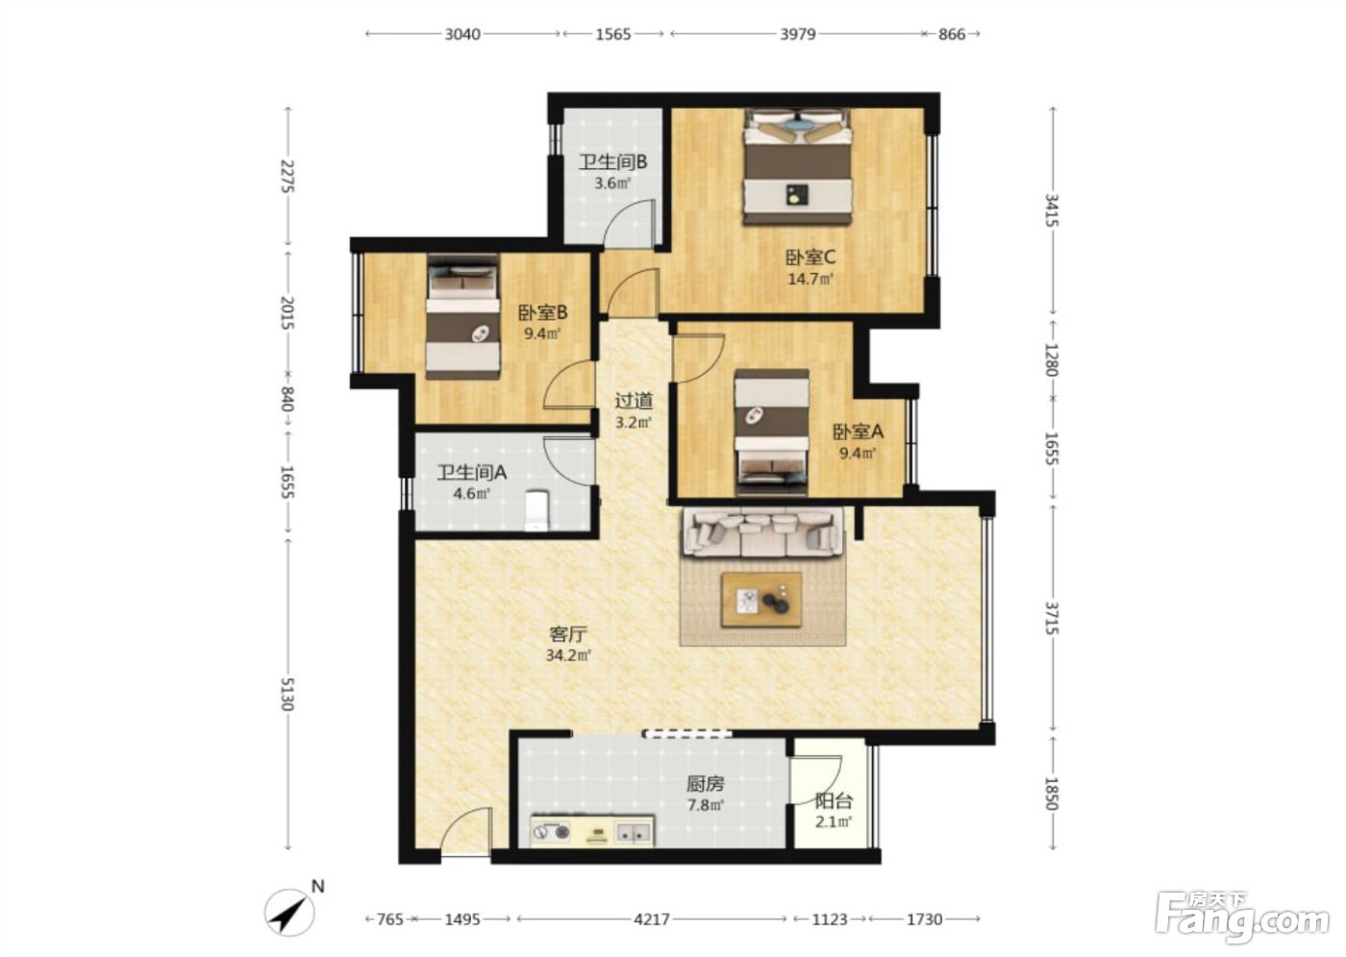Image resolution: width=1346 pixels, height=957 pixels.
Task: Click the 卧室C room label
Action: (810, 258)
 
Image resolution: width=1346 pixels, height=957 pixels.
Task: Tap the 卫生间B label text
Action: (613, 162)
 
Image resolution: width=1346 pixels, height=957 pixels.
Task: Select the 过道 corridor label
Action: (634, 401)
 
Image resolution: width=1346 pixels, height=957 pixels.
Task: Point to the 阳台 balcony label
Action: (834, 801)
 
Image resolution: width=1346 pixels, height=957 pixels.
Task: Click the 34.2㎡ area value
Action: (568, 655)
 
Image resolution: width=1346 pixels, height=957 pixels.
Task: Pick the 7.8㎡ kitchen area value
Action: (706, 805)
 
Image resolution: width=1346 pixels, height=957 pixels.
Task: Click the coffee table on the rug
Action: (761, 601)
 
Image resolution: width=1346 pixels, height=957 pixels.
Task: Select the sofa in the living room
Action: (762, 532)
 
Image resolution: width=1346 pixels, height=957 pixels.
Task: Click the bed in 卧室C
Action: (798, 167)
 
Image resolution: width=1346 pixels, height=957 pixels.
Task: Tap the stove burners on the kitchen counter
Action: (551, 832)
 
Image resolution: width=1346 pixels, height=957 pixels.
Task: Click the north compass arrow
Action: (289, 913)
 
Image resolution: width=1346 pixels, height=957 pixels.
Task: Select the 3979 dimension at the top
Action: (797, 35)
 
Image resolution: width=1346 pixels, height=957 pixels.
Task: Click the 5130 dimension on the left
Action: (287, 694)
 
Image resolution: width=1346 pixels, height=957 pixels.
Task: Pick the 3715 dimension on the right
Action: (1052, 618)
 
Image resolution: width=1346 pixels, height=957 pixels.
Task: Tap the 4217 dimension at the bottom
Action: (652, 919)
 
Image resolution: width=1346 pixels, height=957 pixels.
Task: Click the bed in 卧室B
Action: (462, 317)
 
